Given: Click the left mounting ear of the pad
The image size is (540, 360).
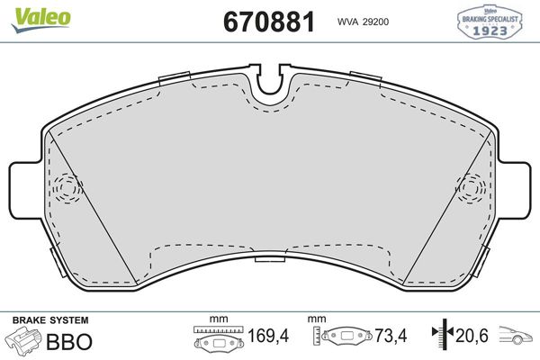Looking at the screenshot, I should (23, 191).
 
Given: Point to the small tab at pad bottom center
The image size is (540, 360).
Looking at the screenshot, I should (269, 261).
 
